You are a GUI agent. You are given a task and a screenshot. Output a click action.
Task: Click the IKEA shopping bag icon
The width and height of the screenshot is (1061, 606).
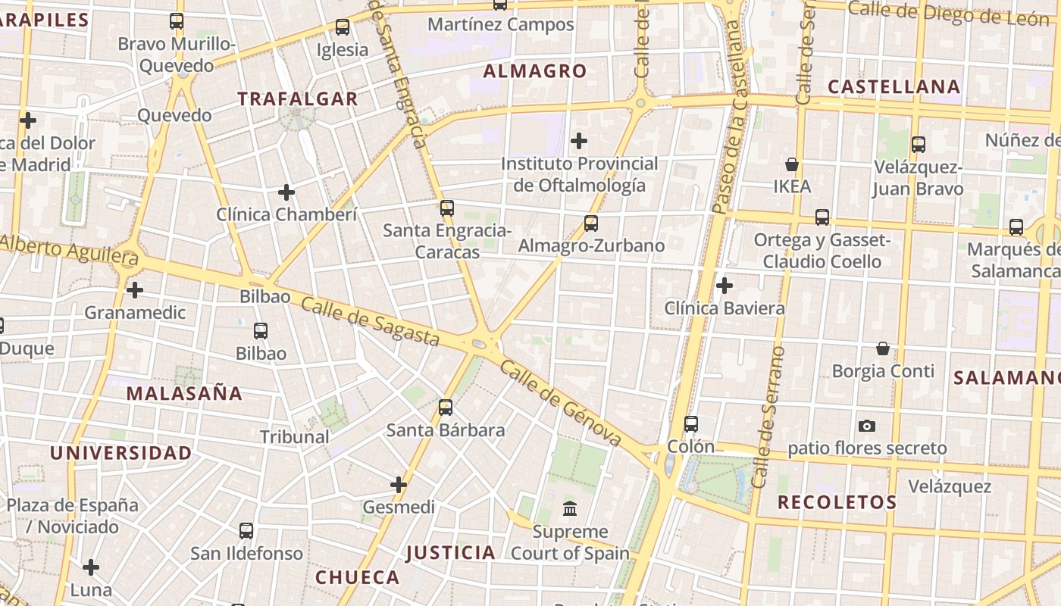[x=792, y=164]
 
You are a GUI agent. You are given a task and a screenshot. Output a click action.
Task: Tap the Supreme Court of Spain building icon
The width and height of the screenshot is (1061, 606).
[x=570, y=508]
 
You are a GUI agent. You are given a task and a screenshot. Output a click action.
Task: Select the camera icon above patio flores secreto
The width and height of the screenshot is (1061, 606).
[x=867, y=426]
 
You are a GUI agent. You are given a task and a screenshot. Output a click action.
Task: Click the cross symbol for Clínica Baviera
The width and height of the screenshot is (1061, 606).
[x=725, y=286]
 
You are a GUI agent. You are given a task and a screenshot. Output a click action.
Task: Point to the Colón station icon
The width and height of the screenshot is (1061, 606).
[x=690, y=424]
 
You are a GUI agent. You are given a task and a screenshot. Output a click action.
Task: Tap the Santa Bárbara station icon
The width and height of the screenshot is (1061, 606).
[x=446, y=408]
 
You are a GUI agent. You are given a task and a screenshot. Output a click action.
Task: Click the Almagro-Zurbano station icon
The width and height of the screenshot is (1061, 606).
[x=591, y=223]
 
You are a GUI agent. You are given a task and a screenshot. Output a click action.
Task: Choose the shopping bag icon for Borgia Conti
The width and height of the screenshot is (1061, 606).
[x=883, y=348]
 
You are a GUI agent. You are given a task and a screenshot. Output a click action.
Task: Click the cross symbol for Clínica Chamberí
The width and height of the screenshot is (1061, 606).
[x=286, y=192]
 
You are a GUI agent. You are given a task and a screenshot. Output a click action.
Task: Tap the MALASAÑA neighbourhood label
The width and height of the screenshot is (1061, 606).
[x=184, y=393]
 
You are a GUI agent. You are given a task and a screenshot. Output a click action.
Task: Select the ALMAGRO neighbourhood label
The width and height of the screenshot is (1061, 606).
[x=535, y=71]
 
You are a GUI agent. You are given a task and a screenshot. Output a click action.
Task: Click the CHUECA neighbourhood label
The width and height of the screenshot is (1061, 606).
[x=357, y=577]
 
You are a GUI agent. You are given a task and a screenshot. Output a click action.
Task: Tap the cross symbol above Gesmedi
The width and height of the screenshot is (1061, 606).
[x=399, y=485]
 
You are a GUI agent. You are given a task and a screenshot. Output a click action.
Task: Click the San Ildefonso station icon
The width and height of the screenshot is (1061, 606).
[x=246, y=531]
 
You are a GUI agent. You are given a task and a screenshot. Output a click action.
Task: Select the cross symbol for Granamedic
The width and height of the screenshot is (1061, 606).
[x=135, y=290]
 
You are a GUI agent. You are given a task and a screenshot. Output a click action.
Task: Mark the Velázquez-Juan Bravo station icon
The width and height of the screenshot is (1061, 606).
[x=919, y=145]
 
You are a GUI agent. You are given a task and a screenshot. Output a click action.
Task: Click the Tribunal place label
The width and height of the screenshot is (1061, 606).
[x=295, y=437]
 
